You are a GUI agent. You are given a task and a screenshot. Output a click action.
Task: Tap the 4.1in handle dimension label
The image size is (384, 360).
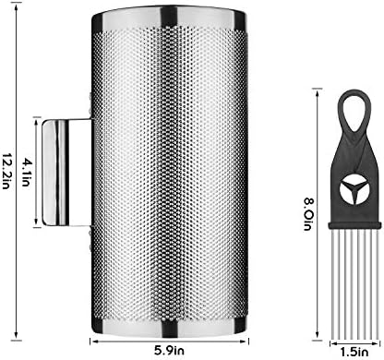[26, 173]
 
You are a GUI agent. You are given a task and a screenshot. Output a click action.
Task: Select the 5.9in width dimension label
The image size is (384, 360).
[170, 350]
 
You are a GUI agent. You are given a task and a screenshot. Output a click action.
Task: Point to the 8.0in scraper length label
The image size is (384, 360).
[307, 214]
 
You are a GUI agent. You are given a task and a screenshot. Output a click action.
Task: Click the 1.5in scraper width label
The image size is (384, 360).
[354, 351]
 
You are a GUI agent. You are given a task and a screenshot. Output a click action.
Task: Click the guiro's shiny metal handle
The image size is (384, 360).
[66, 173]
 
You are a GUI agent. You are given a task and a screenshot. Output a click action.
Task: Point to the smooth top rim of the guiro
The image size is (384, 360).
[169, 18]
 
